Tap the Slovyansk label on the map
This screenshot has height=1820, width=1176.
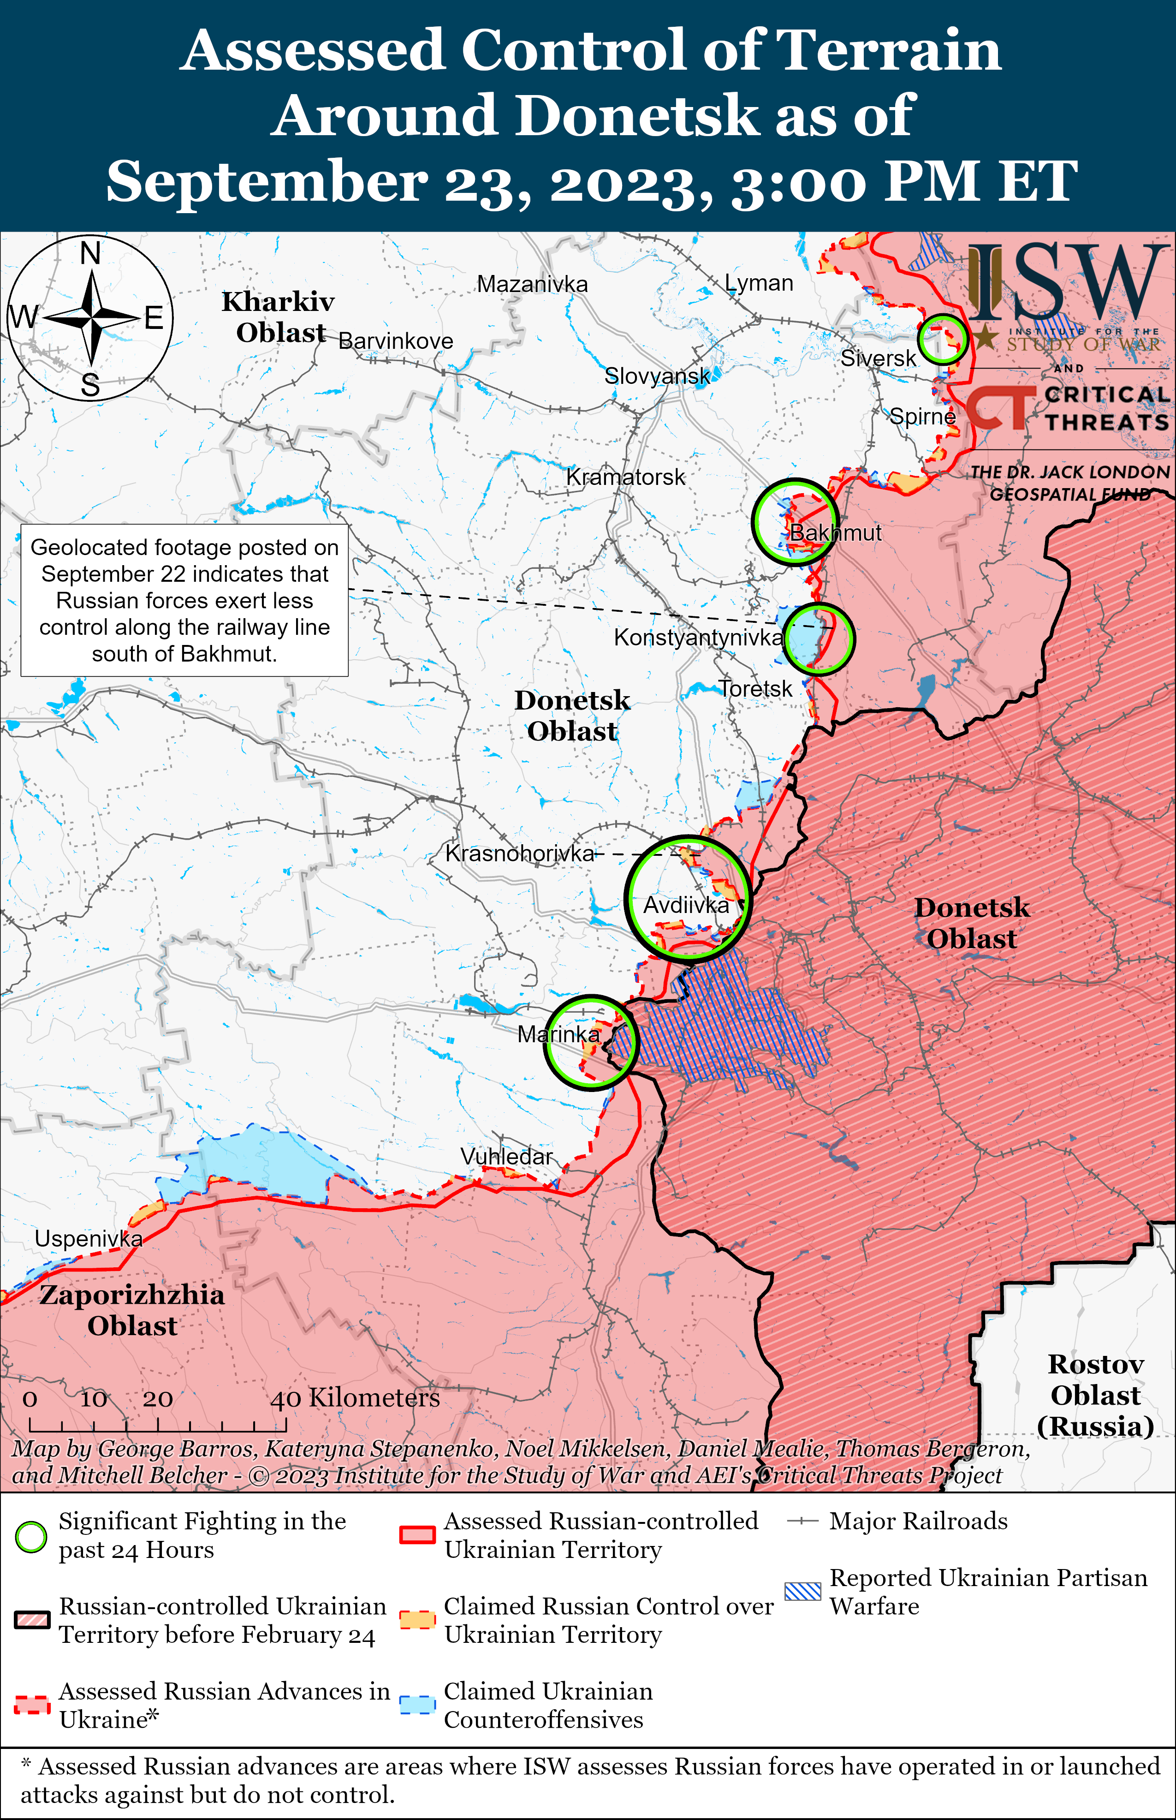coord(657,376)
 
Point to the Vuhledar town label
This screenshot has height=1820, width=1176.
coord(506,1156)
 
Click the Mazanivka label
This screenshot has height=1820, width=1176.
coord(532,284)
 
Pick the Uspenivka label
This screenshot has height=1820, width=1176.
coord(89,1238)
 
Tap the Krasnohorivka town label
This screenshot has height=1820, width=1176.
coord(519,853)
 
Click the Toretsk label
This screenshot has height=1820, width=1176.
coord(755,689)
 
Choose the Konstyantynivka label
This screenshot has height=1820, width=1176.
coord(698,637)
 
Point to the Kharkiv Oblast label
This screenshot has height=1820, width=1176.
coord(279,317)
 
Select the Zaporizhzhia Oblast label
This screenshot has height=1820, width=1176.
coord(132,1310)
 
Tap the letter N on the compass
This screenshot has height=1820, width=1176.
coord(90,252)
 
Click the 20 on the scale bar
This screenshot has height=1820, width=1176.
coord(157,1399)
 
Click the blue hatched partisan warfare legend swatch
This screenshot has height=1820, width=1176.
coord(802,1591)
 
